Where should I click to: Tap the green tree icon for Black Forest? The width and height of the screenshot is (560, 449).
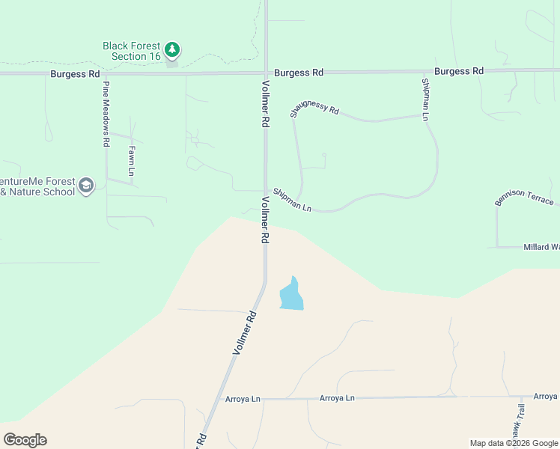(173, 50)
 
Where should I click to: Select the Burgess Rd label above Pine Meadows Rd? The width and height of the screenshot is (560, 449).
(75, 74)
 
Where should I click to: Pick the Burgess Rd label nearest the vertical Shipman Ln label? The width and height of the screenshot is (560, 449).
(458, 71)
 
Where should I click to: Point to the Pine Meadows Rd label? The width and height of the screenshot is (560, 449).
(107, 113)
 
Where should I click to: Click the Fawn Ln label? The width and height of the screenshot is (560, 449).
(131, 160)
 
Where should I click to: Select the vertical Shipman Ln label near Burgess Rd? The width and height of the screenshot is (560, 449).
(424, 100)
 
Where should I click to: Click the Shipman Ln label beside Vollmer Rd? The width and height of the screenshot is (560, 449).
(292, 199)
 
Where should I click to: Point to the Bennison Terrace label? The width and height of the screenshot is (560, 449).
(524, 198)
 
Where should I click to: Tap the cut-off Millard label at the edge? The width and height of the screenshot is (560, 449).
(541, 247)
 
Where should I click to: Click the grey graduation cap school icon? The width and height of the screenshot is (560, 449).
(87, 186)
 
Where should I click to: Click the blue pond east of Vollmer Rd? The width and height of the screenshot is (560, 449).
(291, 295)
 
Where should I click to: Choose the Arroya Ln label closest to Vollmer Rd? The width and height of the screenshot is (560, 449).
(243, 400)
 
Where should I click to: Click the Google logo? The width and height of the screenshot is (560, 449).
(25, 440)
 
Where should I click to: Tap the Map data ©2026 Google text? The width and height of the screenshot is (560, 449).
(514, 443)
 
